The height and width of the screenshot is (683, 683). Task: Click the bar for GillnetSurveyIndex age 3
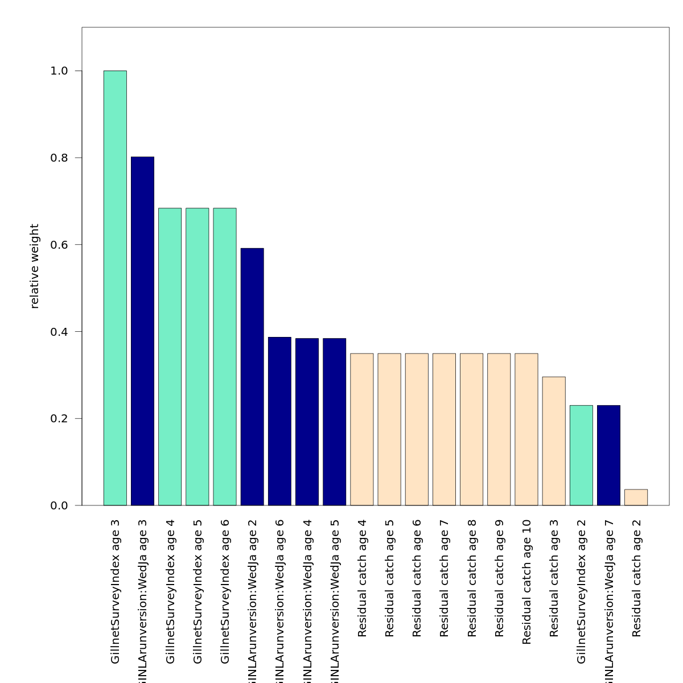click(x=115, y=288)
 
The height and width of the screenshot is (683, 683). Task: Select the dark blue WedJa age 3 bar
click(x=142, y=331)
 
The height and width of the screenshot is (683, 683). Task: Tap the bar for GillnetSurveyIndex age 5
click(x=198, y=357)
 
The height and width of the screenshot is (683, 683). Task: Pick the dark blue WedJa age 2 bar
click(x=252, y=377)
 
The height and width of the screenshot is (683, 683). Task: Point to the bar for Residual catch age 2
click(x=636, y=497)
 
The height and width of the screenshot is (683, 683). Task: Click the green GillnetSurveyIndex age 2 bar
click(x=581, y=455)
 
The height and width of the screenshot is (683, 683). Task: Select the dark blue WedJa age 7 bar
click(x=608, y=455)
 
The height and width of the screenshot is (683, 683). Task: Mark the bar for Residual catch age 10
click(x=526, y=429)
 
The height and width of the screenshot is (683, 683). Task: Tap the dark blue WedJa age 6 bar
click(x=279, y=421)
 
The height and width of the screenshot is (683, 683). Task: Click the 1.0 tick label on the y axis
click(x=59, y=71)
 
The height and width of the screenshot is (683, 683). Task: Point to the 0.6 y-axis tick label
click(x=59, y=245)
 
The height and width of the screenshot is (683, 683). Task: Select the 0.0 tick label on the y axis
click(x=59, y=505)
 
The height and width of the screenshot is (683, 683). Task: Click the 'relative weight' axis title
click(x=35, y=266)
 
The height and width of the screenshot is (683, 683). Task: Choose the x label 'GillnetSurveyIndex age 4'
click(x=170, y=591)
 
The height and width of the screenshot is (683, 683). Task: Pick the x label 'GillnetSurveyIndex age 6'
click(x=225, y=591)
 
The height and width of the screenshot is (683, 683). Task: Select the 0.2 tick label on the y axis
click(x=59, y=418)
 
